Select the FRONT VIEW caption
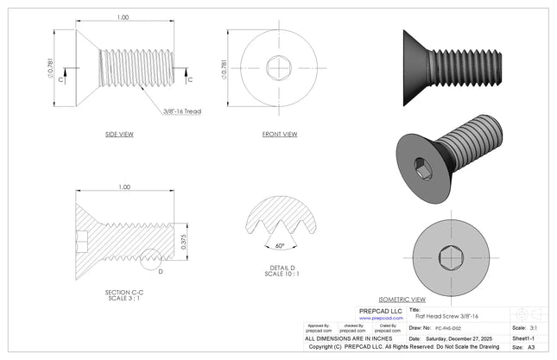tap(280, 135)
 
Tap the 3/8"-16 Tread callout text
tap(181, 111)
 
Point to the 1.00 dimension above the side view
tap(123, 17)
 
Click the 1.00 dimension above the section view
tap(123, 186)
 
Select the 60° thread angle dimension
tap(279, 245)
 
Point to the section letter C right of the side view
tap(190, 79)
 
